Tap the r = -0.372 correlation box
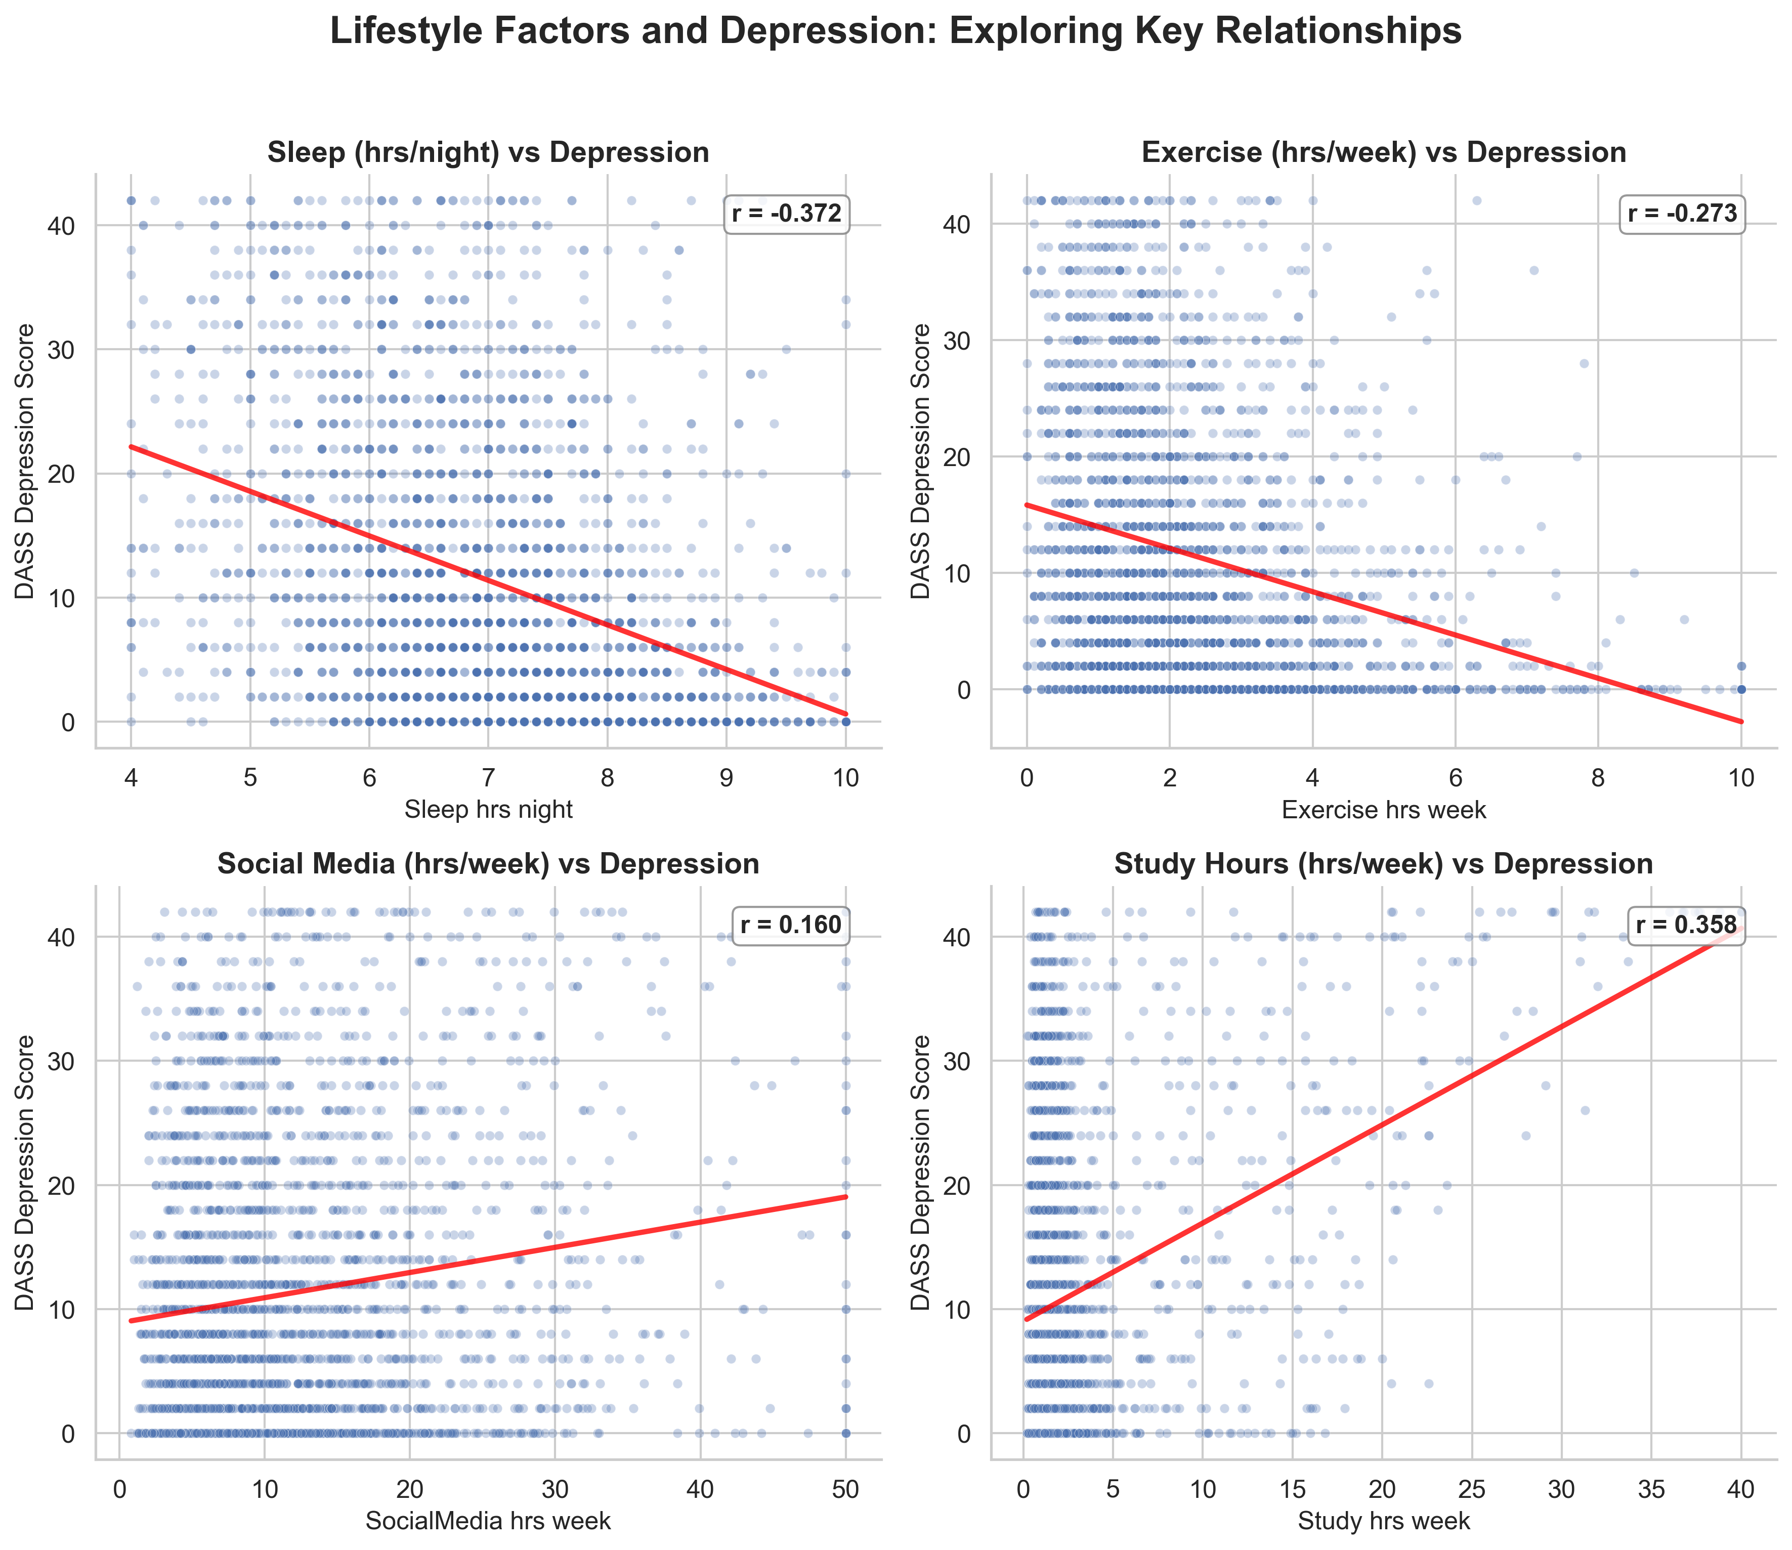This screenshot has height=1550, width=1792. click(786, 214)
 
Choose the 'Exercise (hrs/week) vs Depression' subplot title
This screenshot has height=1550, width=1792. click(1384, 153)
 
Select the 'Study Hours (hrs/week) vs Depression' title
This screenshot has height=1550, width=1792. click(1384, 864)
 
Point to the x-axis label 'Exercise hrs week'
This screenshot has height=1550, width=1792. click(1384, 810)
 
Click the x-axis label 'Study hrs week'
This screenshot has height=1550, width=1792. click(1384, 1521)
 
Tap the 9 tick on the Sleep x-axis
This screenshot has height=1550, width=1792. click(727, 778)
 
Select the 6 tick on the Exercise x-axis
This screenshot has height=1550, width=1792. click(1456, 778)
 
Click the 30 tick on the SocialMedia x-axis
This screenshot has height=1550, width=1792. click(554, 1489)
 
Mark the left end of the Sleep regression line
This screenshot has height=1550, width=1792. click(132, 446)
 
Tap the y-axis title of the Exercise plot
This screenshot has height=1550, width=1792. click(922, 461)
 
